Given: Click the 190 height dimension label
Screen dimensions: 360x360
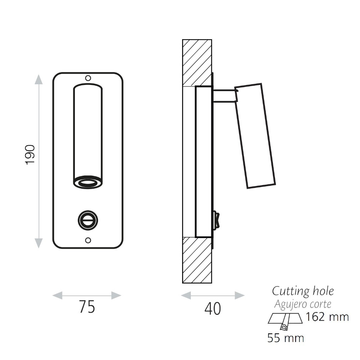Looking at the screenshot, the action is point(30,154).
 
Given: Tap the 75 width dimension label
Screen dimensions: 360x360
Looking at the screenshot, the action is point(87,307).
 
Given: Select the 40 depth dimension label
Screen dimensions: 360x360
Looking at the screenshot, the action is point(213,309).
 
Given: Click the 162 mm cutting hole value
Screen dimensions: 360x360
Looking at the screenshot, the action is point(327,317).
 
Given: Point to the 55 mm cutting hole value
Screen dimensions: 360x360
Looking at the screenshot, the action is point(285,338).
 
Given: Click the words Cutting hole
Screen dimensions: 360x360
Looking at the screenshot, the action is point(303,291).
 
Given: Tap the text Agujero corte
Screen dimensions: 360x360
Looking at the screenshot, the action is point(303,304).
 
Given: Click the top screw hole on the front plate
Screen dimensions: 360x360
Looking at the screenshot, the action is point(88,78).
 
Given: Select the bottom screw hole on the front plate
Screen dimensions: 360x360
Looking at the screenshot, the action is point(88,240).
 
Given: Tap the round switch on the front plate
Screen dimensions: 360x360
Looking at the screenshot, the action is point(88,220).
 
